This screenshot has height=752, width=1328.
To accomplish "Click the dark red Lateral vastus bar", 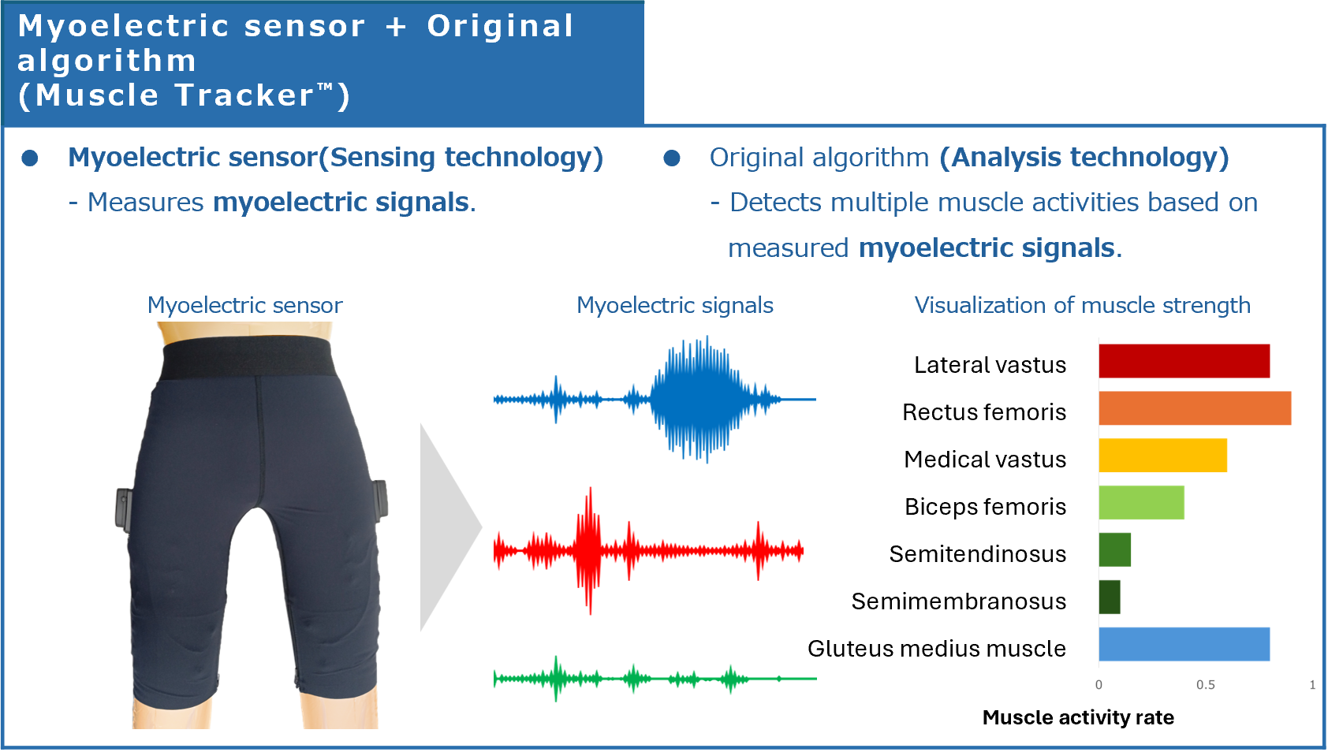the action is pyautogui.click(x=1184, y=361).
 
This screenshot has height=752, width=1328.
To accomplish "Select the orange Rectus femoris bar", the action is pyautogui.click(x=1195, y=408).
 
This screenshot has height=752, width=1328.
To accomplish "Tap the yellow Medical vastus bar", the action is pyautogui.click(x=1162, y=455).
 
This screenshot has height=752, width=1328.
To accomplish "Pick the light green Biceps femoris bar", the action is pyautogui.click(x=1141, y=503).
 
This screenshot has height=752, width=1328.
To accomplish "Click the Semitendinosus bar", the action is pyautogui.click(x=1114, y=550).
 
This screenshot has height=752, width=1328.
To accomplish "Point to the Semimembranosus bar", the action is pyautogui.click(x=1110, y=597).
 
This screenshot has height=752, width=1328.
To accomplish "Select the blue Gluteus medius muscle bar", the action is pyautogui.click(x=1184, y=644).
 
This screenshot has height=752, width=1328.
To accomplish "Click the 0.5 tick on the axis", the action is pyautogui.click(x=1205, y=685).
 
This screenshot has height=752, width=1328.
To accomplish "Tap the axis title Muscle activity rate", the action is pyautogui.click(x=1078, y=717).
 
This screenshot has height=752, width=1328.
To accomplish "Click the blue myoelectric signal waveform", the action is pyautogui.click(x=655, y=400).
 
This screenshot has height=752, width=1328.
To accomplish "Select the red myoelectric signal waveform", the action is pyautogui.click(x=648, y=551).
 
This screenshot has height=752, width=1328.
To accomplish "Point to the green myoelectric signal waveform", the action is pyautogui.click(x=655, y=679).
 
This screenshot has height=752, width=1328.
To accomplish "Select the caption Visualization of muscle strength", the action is pyautogui.click(x=1083, y=305).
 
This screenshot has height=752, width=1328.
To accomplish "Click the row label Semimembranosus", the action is pyautogui.click(x=959, y=601).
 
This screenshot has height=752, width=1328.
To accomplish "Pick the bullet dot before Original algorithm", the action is pyautogui.click(x=672, y=158).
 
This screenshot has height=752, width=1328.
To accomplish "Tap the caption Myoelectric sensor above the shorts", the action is pyautogui.click(x=244, y=305).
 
